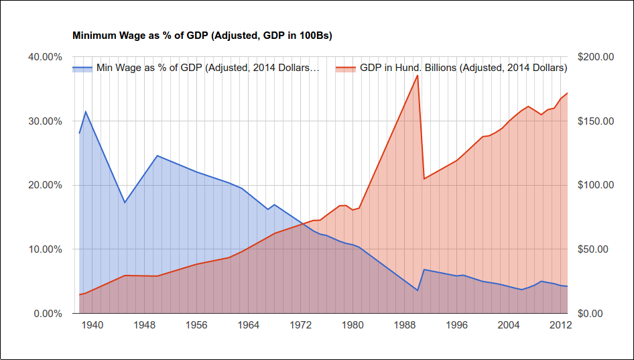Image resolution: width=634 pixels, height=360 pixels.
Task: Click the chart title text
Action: [202, 35]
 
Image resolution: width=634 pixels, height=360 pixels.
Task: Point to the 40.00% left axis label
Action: [45, 57]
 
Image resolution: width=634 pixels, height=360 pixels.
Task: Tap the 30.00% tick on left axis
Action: [45, 121]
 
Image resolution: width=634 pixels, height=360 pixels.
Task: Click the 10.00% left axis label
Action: [45, 249]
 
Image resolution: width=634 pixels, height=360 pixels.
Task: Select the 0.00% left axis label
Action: [48, 314]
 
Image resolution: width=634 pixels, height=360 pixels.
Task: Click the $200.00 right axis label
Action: [594, 57]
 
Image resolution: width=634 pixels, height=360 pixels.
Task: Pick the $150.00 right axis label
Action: [594, 121]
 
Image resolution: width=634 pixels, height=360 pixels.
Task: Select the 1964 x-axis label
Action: [248, 325]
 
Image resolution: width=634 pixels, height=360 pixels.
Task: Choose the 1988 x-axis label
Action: [404, 325]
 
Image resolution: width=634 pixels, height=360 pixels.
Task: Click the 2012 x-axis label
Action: [560, 325]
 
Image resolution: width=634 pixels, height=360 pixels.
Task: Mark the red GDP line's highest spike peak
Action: [418, 75]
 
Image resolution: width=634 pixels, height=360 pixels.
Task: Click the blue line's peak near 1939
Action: [85, 111]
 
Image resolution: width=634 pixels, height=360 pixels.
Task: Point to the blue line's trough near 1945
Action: [125, 202]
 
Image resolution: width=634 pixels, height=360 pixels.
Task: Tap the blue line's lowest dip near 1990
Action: [418, 290]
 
